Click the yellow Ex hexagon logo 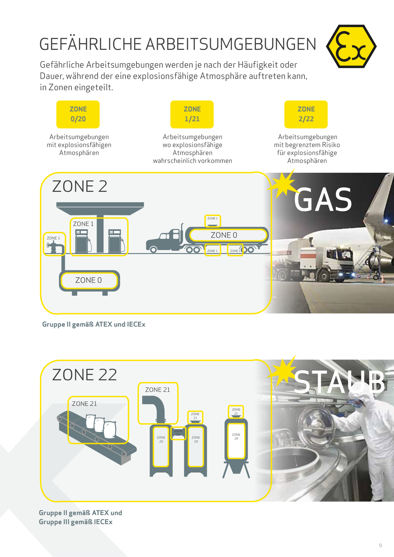(x=351, y=46)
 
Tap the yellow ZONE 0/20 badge (x=78, y=114)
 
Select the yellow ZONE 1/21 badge (x=192, y=114)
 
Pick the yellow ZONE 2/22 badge (x=306, y=114)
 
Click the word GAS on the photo (x=323, y=200)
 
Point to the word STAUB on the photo (x=339, y=381)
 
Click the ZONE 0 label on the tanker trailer (x=224, y=235)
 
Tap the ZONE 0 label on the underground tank (x=89, y=280)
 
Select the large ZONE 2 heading (x=80, y=186)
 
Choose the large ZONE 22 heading (x=85, y=375)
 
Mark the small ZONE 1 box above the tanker (x=213, y=221)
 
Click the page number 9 (x=380, y=545)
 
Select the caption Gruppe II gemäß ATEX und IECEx (x=94, y=324)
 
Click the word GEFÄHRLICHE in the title (x=91, y=44)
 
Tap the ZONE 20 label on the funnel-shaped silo (x=236, y=436)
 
